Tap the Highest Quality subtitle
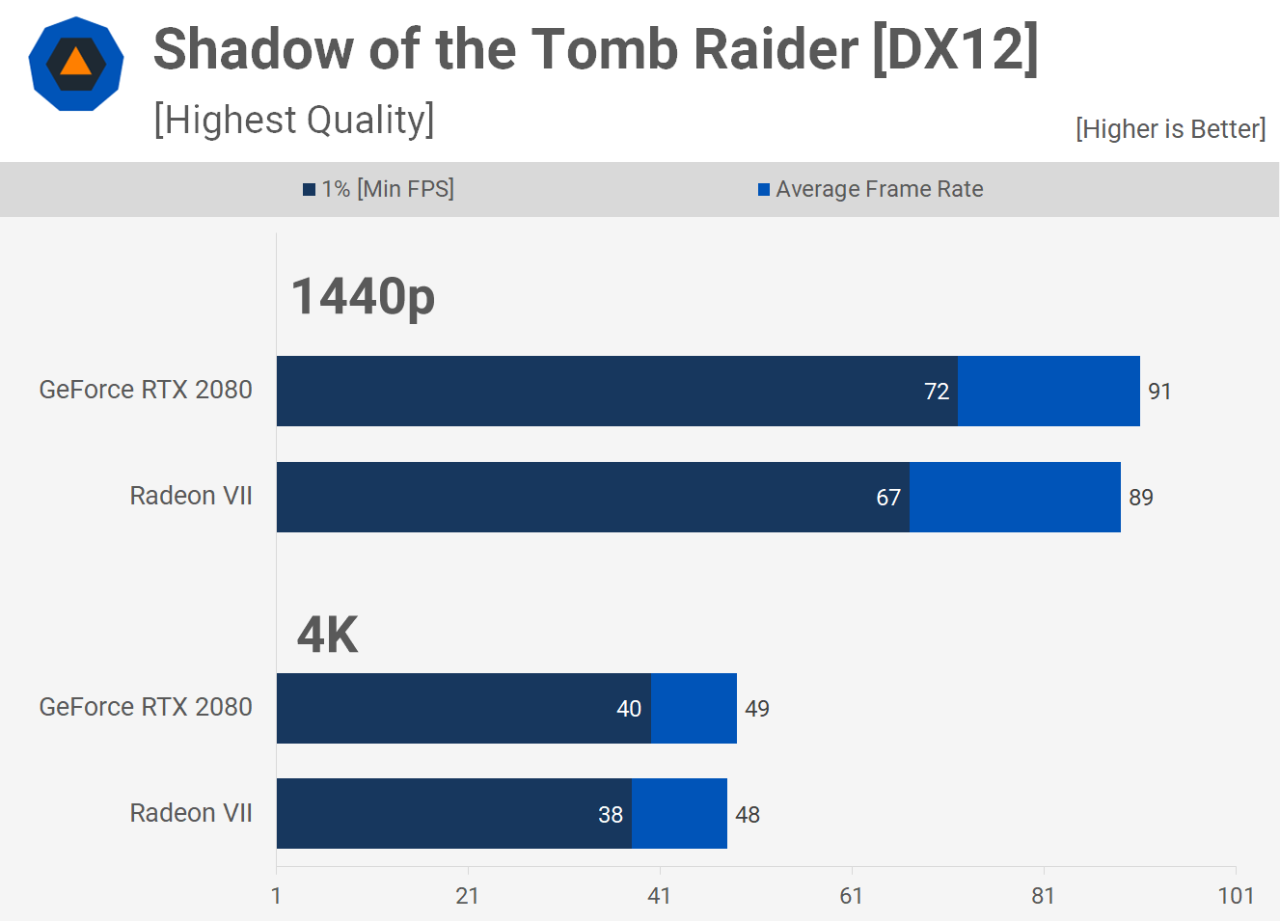pos(294,120)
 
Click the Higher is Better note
pos(1170,129)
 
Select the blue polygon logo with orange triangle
pos(76,64)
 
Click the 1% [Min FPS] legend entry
pos(378,189)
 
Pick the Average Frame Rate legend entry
pos(870,189)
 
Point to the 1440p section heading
pos(363,296)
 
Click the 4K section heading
pos(327,635)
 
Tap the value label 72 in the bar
pos(937,392)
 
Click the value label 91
pos(1159,392)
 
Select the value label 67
pos(888,498)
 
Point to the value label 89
pos(1141,498)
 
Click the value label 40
pos(629,709)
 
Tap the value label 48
pos(748,815)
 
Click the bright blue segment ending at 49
pos(694,709)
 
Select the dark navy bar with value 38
pos(453,814)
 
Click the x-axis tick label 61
pos(851,896)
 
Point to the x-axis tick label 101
pos(1236,896)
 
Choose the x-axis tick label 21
pos(467,896)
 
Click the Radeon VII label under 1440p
pos(191,496)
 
